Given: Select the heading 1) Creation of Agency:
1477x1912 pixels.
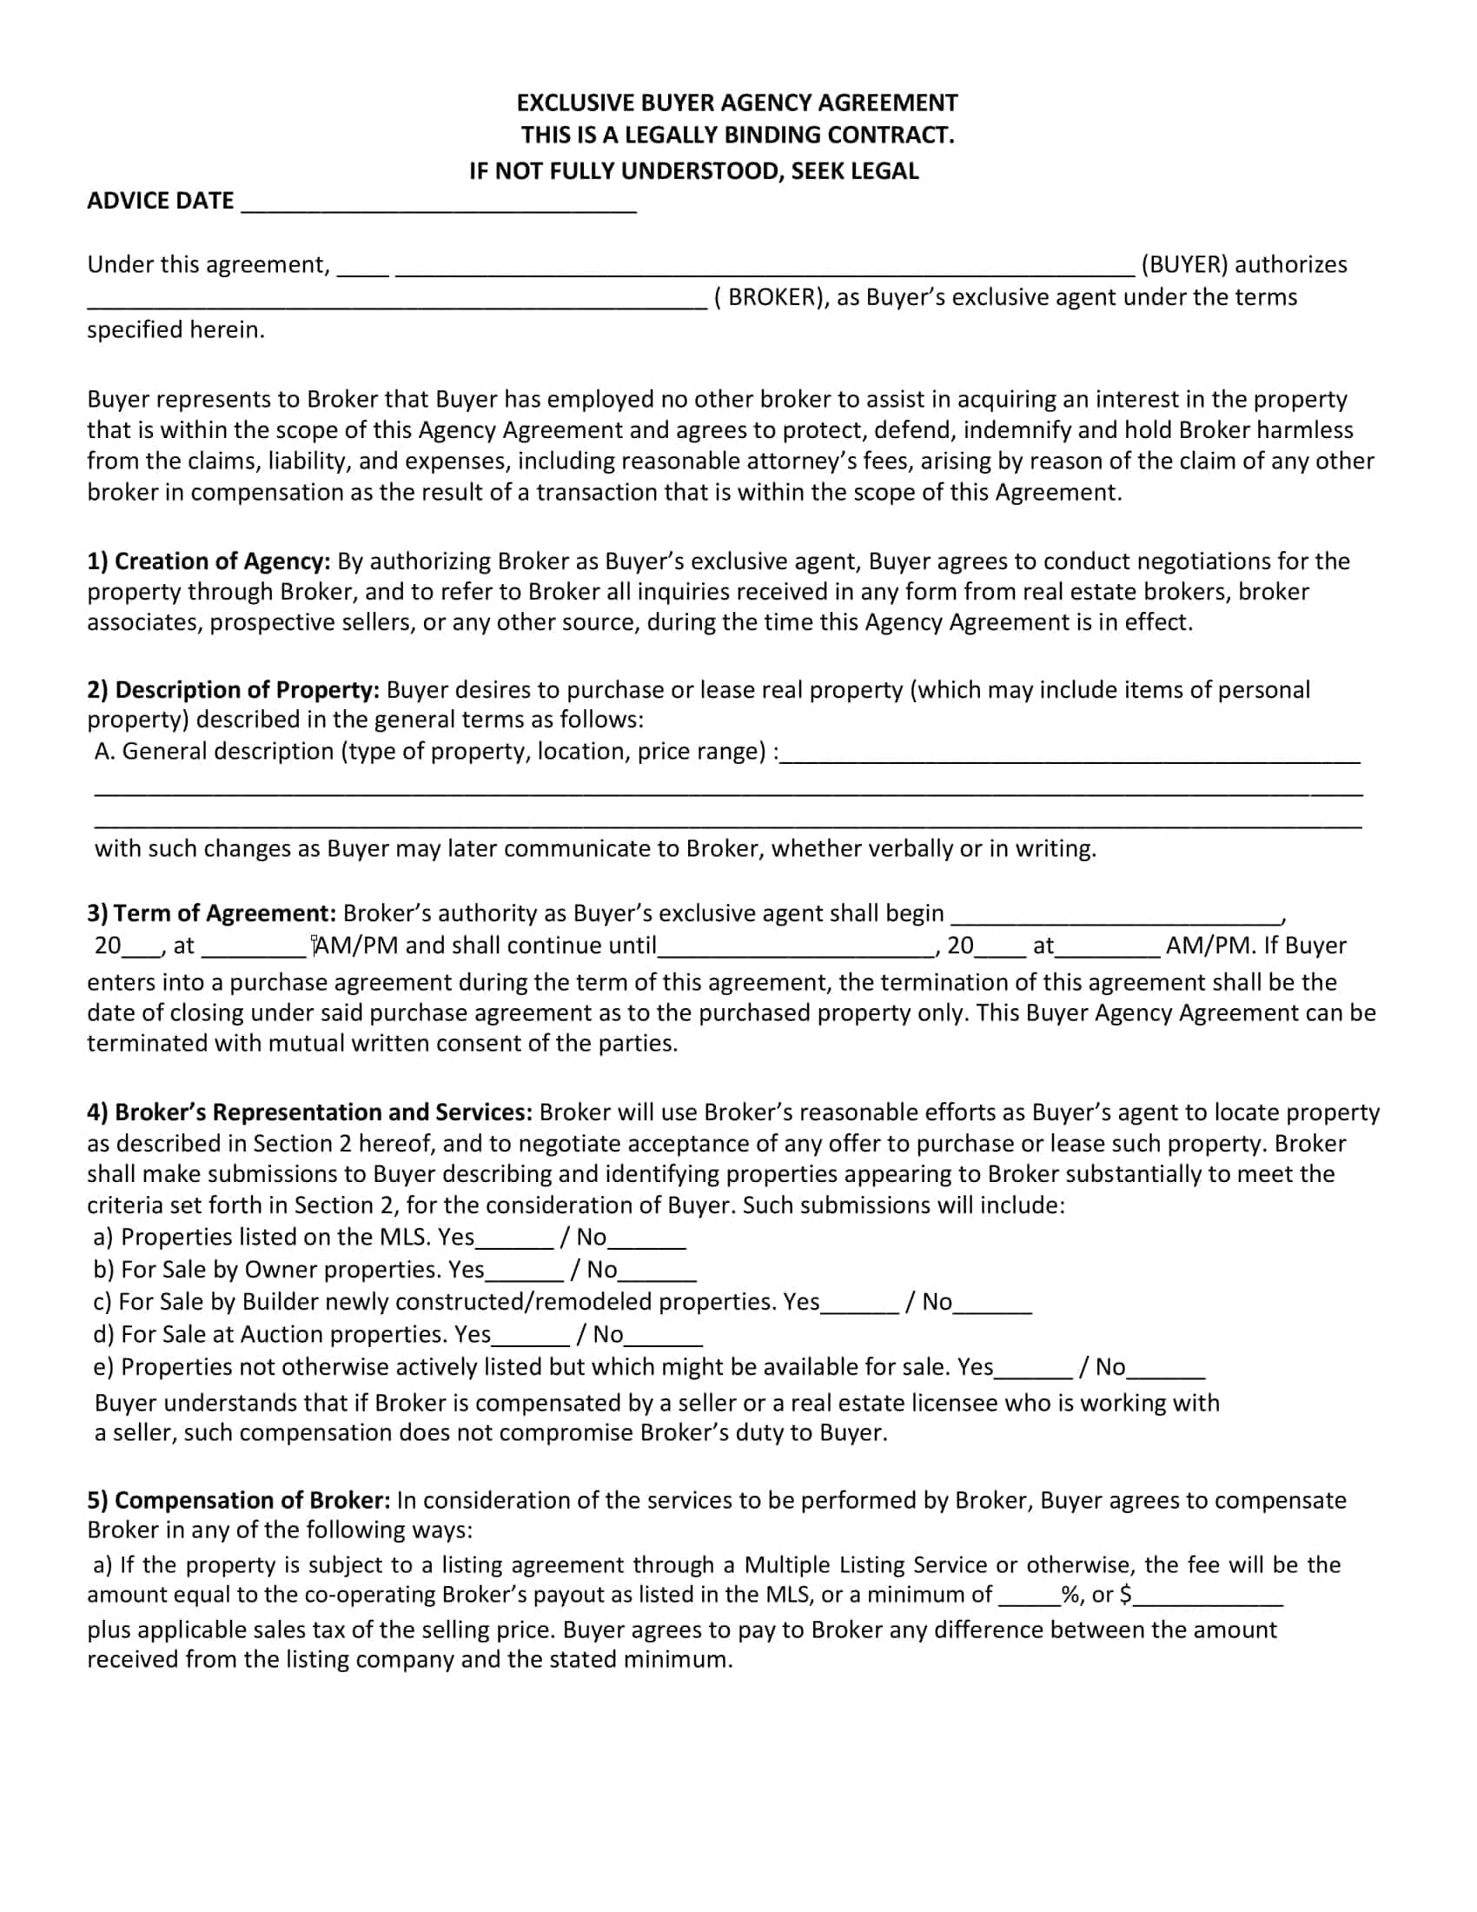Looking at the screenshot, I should [x=209, y=561].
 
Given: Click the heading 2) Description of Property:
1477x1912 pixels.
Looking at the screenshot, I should [x=233, y=690].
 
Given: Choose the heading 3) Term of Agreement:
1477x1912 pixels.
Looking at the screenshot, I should [x=211, y=913].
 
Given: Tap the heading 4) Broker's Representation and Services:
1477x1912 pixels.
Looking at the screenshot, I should [x=309, y=1112].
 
